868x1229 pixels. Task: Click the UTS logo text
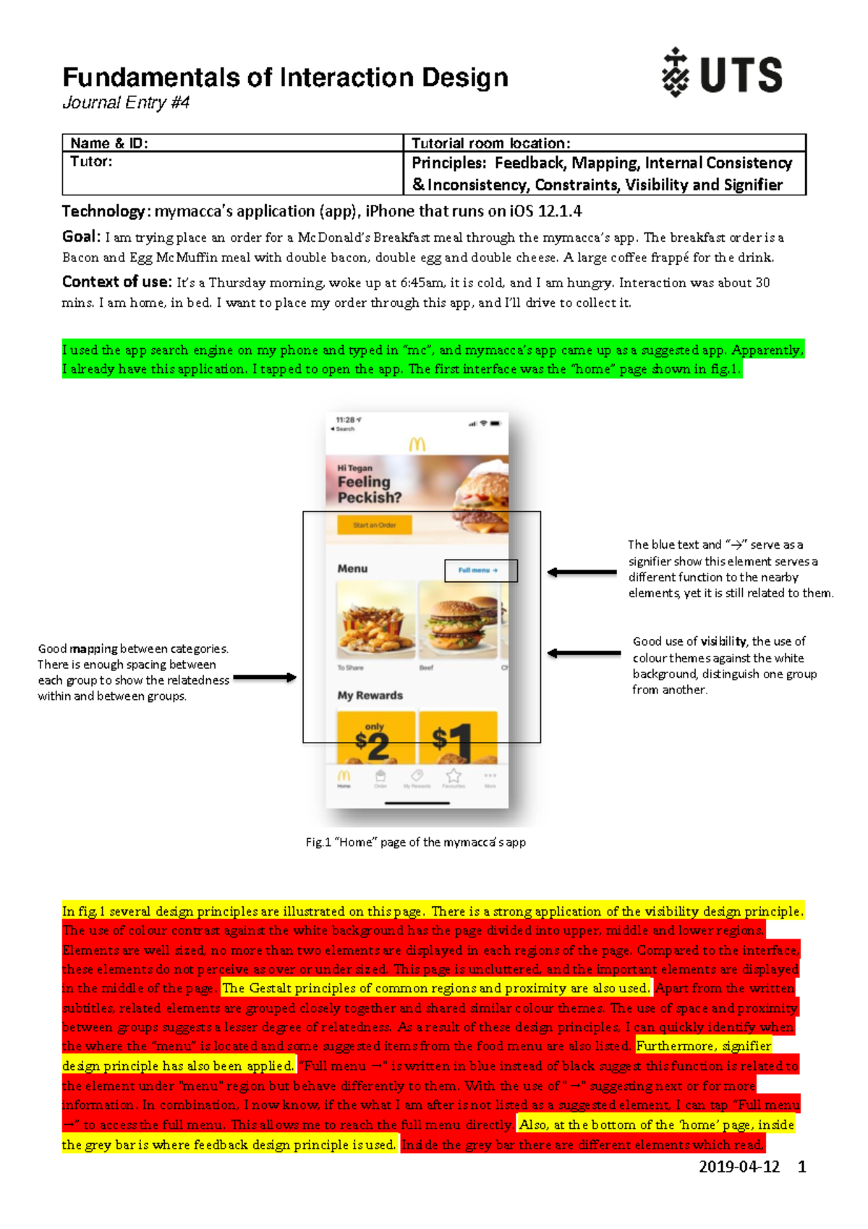[741, 75]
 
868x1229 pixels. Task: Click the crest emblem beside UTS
[676, 72]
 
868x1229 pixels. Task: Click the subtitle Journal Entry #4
[126, 103]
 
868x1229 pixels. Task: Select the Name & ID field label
[109, 143]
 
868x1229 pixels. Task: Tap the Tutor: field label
[91, 161]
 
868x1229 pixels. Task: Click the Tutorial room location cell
[491, 143]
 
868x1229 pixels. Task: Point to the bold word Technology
[103, 211]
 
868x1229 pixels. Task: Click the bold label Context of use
[116, 282]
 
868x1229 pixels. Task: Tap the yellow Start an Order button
[374, 525]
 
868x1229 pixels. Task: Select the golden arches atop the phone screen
[417, 444]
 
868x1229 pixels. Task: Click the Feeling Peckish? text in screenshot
[369, 490]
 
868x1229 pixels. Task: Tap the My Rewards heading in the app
[370, 696]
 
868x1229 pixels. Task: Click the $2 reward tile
[375, 738]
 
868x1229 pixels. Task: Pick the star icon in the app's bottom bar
[454, 776]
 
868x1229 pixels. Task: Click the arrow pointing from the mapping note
[265, 678]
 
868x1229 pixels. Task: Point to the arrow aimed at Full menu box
[582, 573]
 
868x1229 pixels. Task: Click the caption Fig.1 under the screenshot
[415, 842]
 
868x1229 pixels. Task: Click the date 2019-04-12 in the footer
[739, 1167]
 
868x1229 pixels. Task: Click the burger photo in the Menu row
[457, 620]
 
